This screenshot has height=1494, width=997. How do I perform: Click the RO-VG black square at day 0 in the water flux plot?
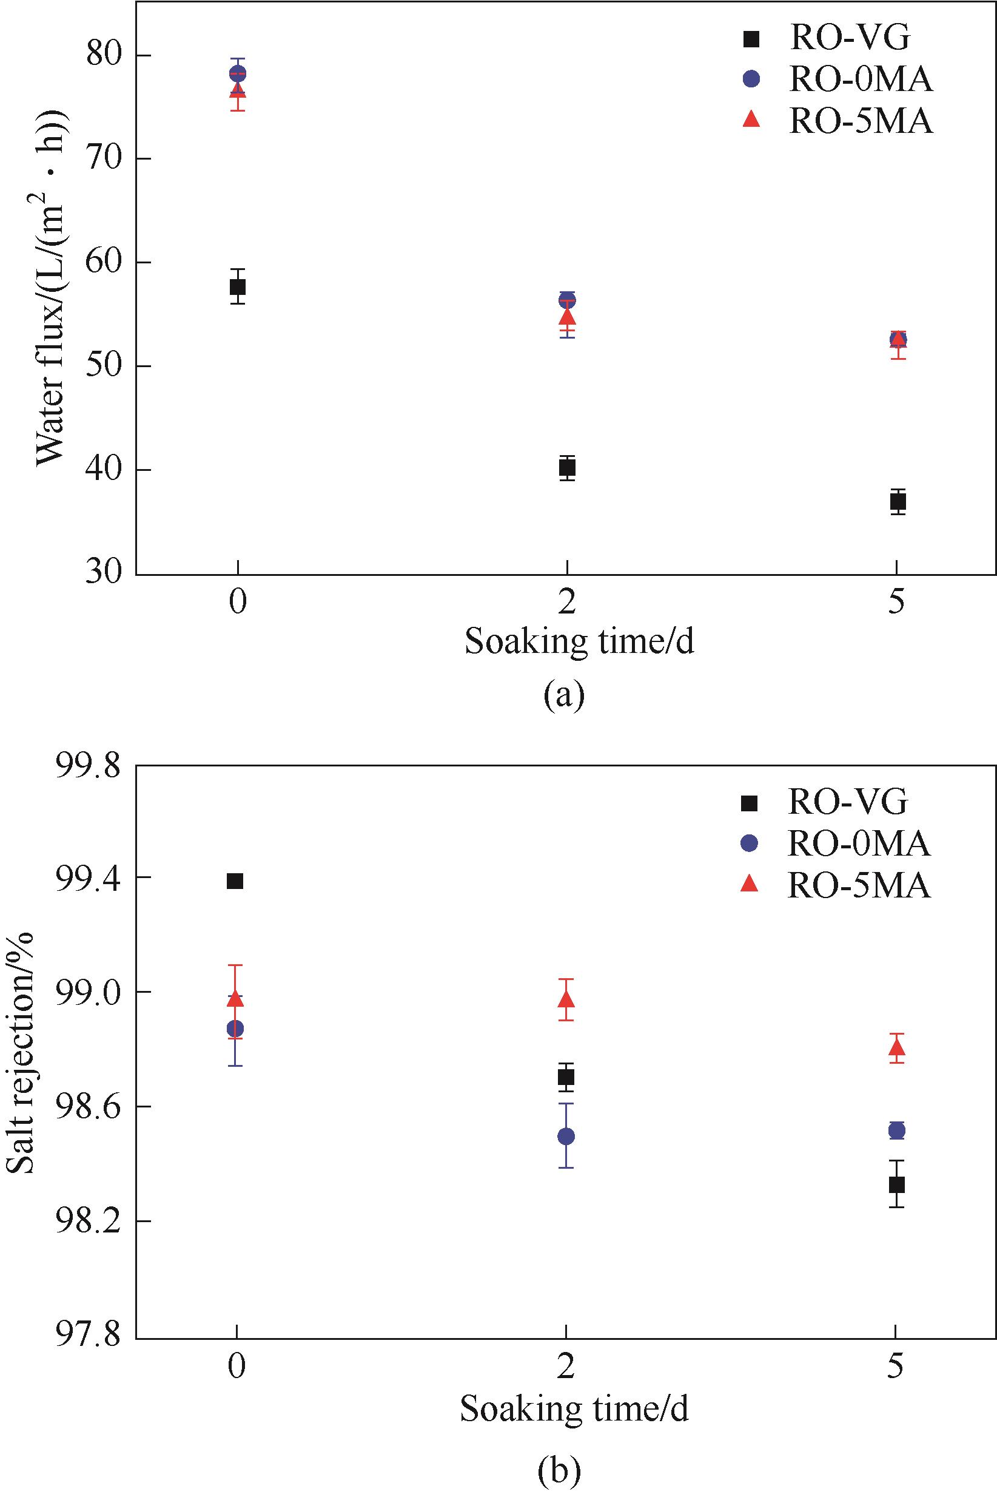coord(238,287)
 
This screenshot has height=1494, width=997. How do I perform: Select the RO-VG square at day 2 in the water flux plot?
coord(567,468)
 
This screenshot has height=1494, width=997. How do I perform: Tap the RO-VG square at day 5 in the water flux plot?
coord(897,502)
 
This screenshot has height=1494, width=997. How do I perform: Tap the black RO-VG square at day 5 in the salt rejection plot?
coord(896,1184)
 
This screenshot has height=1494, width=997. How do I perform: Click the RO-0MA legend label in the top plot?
coord(861,79)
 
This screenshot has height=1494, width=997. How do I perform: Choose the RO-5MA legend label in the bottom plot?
coord(858,885)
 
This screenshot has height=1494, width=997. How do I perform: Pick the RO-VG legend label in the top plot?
coord(850,38)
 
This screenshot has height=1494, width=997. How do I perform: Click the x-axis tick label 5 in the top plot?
coord(896,602)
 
